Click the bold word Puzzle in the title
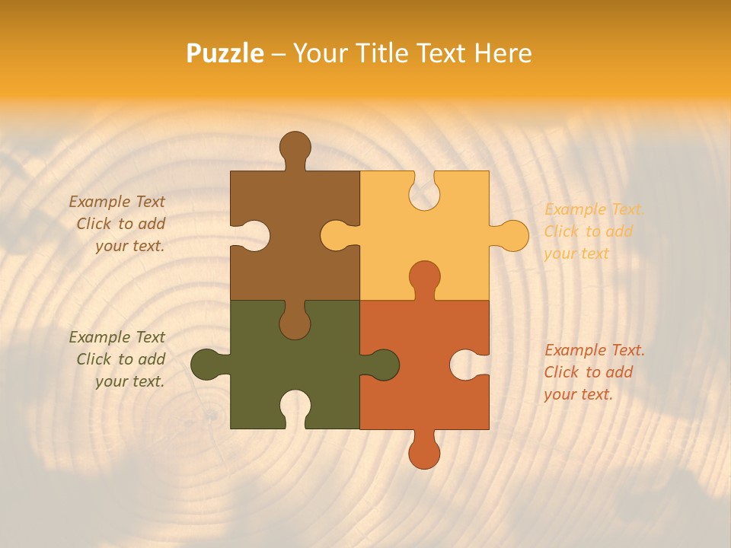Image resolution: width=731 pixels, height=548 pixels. tap(225, 53)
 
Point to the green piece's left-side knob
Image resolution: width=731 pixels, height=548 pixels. tap(205, 365)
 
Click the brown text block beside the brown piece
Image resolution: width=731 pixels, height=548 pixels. tap(118, 224)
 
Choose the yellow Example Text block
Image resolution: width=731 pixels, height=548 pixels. tap(594, 231)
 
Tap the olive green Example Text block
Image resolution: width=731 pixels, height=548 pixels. tap(118, 359)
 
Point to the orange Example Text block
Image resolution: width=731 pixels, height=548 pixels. tap(594, 372)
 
